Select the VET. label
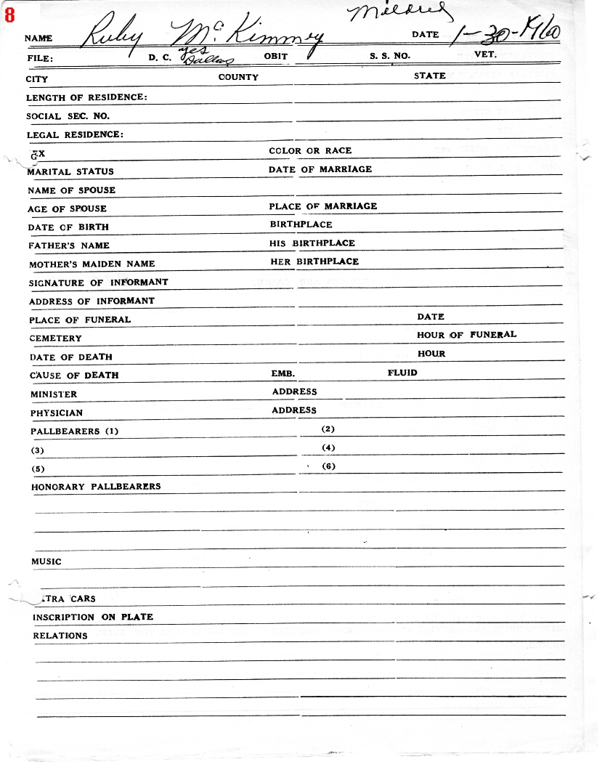485,54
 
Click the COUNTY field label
238,77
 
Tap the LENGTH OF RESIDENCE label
86,97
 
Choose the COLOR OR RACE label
310,150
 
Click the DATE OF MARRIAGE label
320,169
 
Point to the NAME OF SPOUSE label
71,190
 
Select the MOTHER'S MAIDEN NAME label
92,264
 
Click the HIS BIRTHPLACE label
312,243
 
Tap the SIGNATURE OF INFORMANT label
98,283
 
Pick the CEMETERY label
56,339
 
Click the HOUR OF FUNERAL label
467,335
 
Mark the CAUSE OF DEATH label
74,376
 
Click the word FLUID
402,373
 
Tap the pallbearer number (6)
328,466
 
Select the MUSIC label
46,562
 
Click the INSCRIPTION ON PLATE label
93,617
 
